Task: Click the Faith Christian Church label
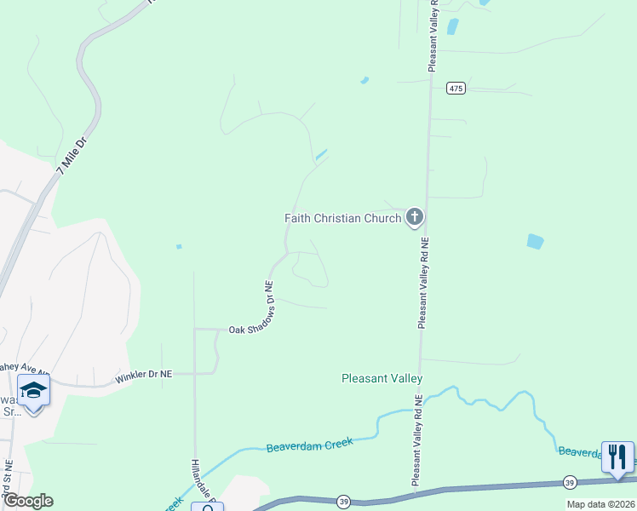click(x=342, y=218)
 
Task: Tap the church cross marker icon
click(x=415, y=217)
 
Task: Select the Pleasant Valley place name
click(x=382, y=378)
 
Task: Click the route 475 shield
click(x=456, y=87)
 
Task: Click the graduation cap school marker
click(x=33, y=390)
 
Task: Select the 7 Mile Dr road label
click(x=72, y=154)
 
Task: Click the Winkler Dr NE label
click(x=144, y=375)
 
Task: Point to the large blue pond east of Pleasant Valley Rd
click(x=535, y=241)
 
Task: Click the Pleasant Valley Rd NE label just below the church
click(x=422, y=282)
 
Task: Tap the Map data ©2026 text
click(x=600, y=504)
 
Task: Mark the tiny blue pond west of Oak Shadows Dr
click(x=179, y=247)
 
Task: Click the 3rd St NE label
click(x=8, y=481)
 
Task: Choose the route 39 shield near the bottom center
click(x=343, y=501)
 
